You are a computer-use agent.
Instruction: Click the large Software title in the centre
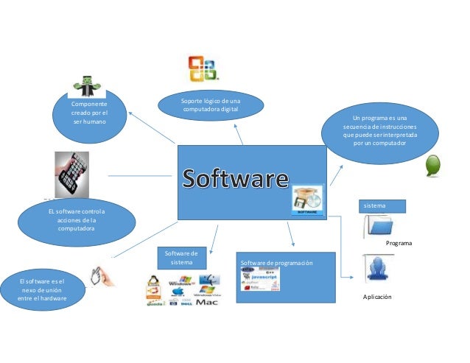pos(236,179)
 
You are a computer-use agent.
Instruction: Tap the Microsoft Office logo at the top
pos(203,68)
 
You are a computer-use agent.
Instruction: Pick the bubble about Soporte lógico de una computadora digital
pos(210,105)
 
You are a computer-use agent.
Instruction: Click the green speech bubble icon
pos(435,166)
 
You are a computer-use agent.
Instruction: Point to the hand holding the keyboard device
pos(72,175)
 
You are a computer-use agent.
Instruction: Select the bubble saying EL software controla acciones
pos(77,219)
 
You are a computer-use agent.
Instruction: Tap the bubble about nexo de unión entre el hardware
pos(41,289)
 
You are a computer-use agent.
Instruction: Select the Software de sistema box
pos(181,258)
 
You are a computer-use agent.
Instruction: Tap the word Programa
pos(399,243)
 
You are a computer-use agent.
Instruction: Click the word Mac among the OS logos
pos(207,301)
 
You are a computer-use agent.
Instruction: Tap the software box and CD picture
pos(307,200)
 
